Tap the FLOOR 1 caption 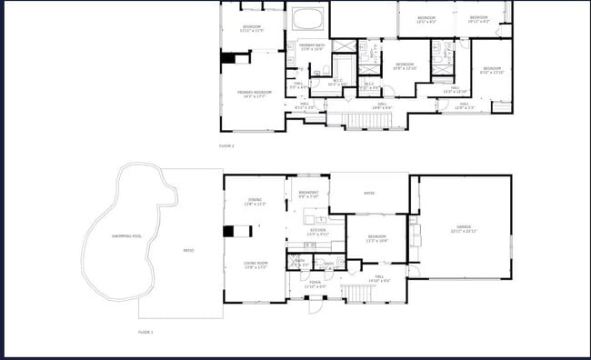coord(145,332)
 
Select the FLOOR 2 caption coord(226,145)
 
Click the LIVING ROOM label coord(255,266)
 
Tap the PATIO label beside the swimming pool coord(188,250)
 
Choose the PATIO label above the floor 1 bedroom coord(369,193)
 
